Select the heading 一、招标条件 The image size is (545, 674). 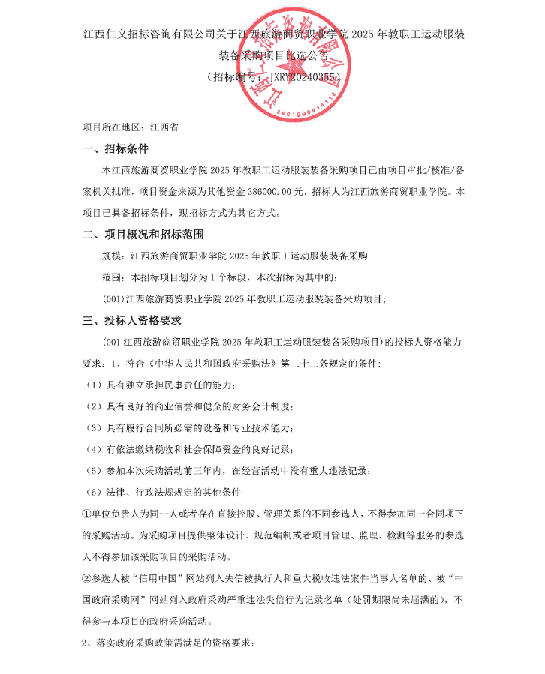116,148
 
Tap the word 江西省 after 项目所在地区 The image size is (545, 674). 164,127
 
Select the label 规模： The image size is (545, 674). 115,256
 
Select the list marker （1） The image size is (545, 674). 93,385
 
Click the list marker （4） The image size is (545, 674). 93,449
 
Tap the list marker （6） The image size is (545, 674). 93,492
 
